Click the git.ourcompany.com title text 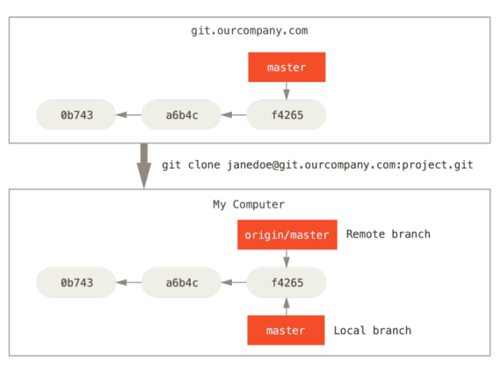[250, 31]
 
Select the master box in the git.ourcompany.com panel [287, 67]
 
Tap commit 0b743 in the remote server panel [76, 114]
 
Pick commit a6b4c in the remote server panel [181, 114]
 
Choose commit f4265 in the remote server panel [287, 114]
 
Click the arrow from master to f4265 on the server [287, 91]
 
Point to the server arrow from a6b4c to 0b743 [128, 114]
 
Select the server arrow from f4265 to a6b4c [234, 114]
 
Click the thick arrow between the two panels [144, 166]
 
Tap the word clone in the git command [204, 165]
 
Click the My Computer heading [249, 205]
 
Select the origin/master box [287, 235]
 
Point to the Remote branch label [388, 234]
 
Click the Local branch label [373, 330]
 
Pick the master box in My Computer [286, 330]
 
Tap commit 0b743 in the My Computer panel [76, 282]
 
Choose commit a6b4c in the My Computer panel [181, 282]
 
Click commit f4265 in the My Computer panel [287, 282]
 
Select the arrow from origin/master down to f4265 [287, 259]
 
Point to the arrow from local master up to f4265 [287, 306]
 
